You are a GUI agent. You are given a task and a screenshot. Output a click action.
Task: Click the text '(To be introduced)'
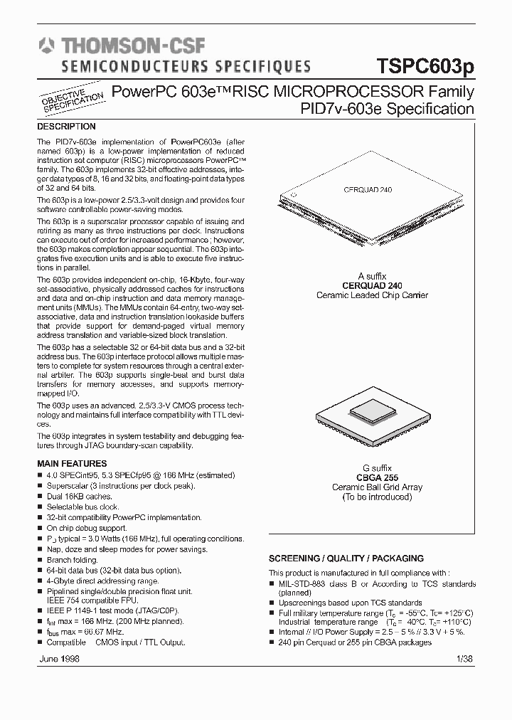(x=377, y=497)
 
